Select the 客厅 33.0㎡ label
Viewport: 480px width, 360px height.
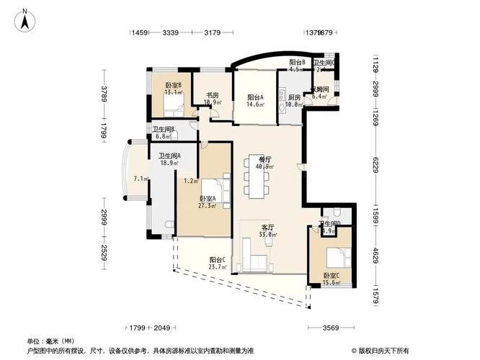tap(267, 230)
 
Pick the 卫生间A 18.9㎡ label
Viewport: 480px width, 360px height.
tap(169, 159)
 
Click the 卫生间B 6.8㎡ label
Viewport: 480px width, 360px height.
tap(164, 132)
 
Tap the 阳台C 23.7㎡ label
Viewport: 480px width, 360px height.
tap(218, 263)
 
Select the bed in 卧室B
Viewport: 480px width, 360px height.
tap(173, 106)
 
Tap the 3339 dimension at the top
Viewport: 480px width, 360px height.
tap(171, 32)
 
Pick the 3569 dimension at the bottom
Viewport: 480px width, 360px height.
tap(330, 328)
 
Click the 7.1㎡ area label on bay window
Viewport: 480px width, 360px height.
tap(140, 179)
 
